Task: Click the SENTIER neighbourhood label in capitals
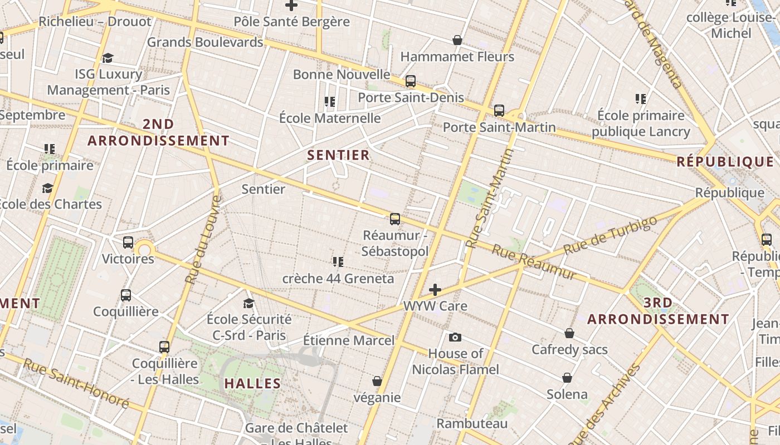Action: click(338, 155)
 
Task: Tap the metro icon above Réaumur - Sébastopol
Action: click(395, 219)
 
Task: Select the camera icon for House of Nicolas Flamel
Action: click(455, 337)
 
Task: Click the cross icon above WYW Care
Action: click(435, 290)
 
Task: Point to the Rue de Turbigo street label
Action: click(610, 235)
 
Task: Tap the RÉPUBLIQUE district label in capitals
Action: click(725, 162)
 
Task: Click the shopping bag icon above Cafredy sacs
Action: click(569, 333)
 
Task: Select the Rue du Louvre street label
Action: click(203, 240)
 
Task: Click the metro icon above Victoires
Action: click(128, 243)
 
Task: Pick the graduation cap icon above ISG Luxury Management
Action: click(108, 58)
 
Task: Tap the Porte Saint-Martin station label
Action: click(499, 127)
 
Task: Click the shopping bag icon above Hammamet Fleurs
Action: click(457, 40)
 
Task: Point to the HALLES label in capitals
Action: click(252, 383)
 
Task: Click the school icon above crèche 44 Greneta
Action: click(338, 261)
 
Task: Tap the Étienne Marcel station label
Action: click(349, 340)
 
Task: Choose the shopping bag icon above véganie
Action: click(377, 381)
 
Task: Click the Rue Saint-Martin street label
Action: click(489, 197)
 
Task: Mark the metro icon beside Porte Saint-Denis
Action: click(411, 81)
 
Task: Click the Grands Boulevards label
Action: click(205, 42)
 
